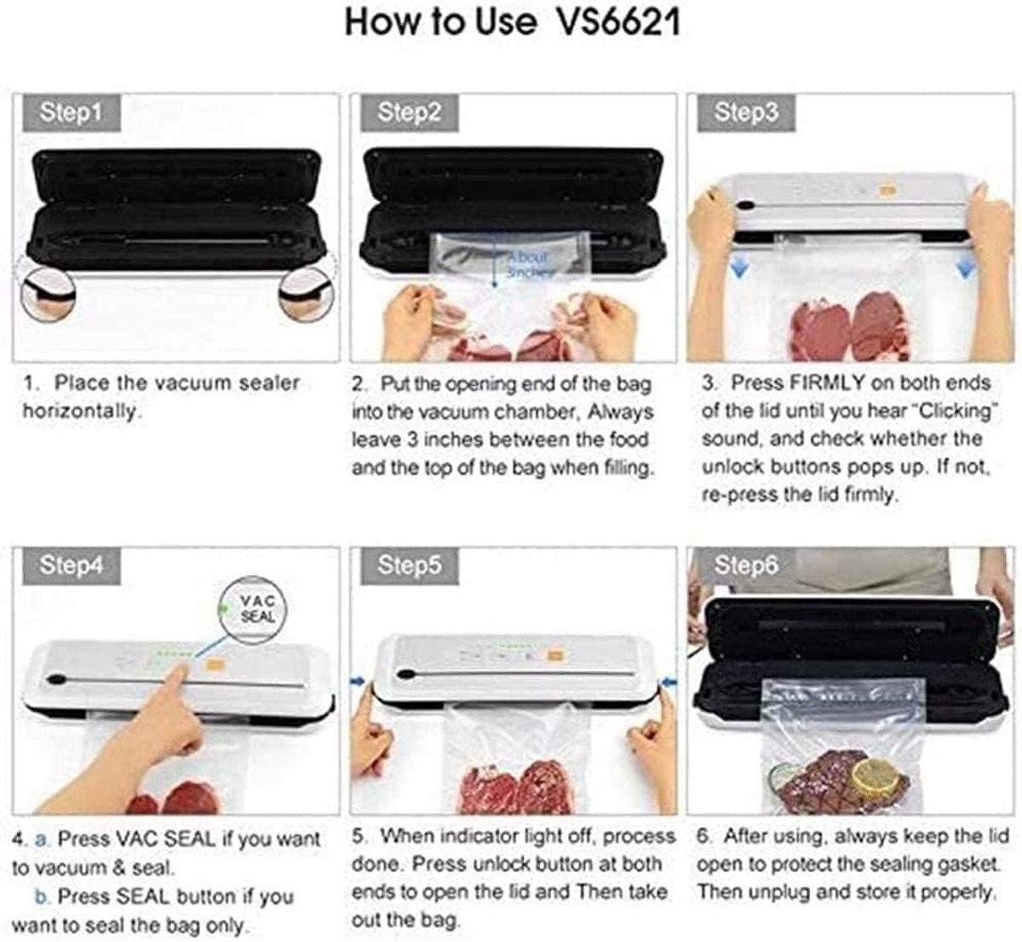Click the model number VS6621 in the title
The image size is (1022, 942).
[619, 23]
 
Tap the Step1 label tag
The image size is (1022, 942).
[72, 112]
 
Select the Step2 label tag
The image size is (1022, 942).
[409, 112]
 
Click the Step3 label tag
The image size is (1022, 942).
[746, 112]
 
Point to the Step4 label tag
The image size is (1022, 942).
[72, 566]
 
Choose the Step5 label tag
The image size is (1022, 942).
[409, 566]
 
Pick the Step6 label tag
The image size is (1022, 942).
[746, 566]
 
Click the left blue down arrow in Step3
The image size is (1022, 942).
[740, 268]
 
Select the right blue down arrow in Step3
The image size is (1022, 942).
[964, 268]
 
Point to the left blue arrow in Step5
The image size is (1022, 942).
[359, 681]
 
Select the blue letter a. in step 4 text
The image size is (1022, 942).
[41, 840]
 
